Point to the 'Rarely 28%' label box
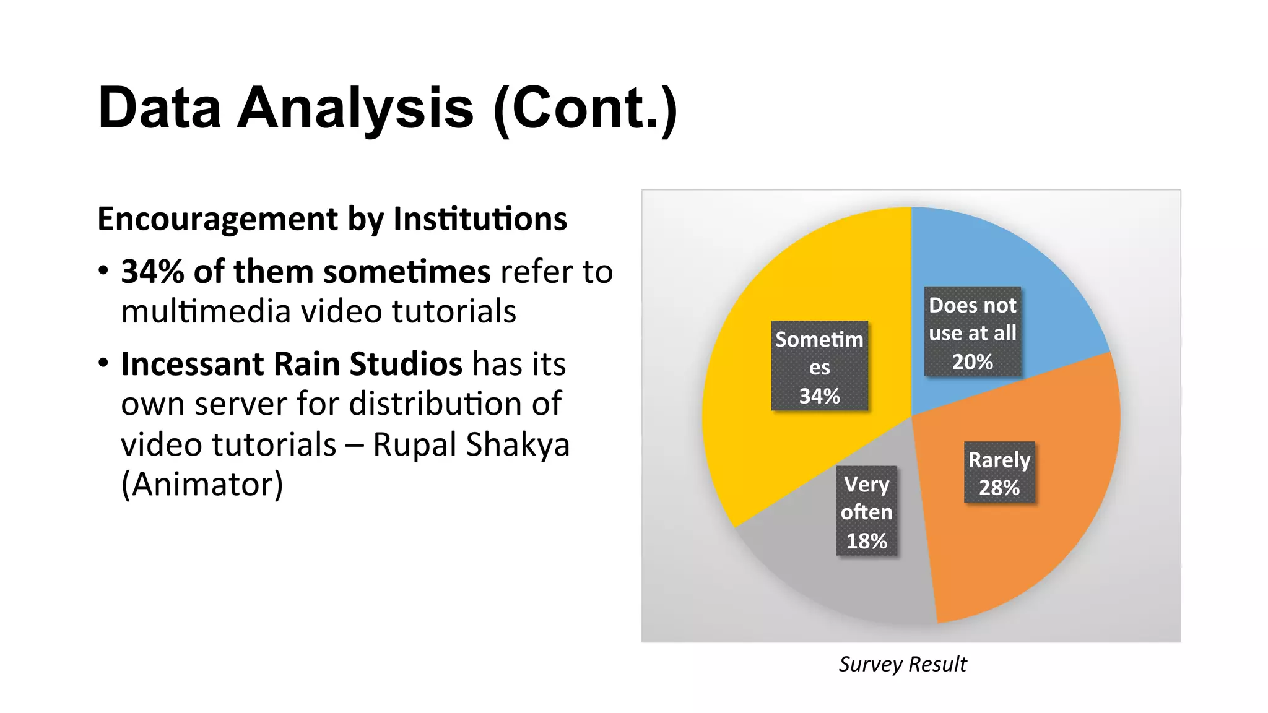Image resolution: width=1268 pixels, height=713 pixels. coord(999,472)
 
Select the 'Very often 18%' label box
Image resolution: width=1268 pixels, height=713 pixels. coord(866,511)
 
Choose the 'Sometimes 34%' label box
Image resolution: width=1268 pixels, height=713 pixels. coord(819,366)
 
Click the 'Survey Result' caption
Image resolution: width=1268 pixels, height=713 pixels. coord(902,664)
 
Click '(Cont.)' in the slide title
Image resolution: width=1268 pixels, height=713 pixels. coord(585,108)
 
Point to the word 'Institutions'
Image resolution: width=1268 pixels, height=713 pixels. coord(480,218)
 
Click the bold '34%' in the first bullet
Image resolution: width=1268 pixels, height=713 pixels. coord(152,272)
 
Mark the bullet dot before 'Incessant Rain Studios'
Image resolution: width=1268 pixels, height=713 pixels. coord(103,363)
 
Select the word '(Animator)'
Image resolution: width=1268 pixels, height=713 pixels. coord(202,485)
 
